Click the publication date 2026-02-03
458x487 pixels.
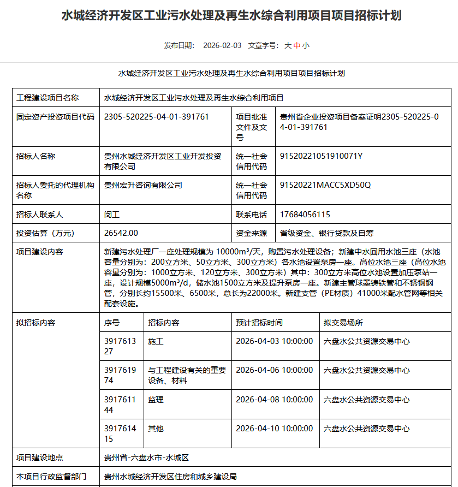[x=222, y=46]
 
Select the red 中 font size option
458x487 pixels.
[x=297, y=46]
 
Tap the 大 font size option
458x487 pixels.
[x=288, y=46]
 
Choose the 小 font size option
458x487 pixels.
[x=306, y=46]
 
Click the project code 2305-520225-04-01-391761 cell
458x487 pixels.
[x=157, y=117]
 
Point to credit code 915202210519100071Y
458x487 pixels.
[x=321, y=156]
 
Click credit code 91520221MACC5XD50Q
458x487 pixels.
[x=325, y=185]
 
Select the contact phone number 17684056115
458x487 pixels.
[x=305, y=215]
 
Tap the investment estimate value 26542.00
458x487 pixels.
[x=121, y=233]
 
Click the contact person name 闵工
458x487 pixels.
[x=112, y=215]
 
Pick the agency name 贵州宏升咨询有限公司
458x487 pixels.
[x=143, y=185]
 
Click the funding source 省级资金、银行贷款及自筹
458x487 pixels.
[x=326, y=233]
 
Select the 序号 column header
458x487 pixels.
[x=112, y=323]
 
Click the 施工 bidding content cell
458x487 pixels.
[x=156, y=341]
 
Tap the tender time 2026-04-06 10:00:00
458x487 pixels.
[x=274, y=370]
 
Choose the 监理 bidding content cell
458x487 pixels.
[x=156, y=400]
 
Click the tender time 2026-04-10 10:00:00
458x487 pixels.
[x=274, y=429]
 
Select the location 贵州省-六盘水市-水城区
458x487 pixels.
[x=146, y=458]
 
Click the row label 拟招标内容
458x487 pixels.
[x=36, y=323]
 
